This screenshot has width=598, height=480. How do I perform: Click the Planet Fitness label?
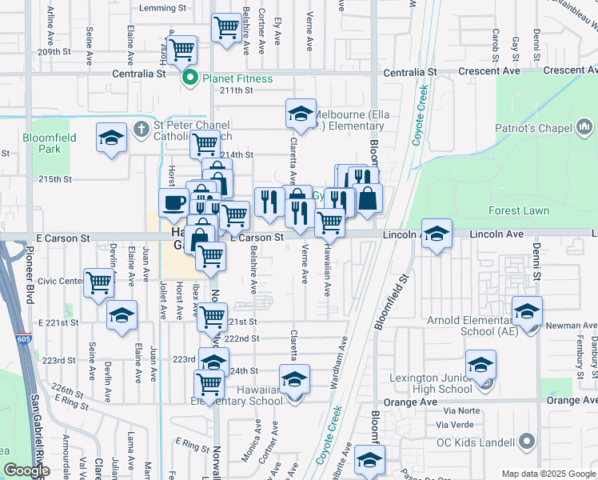click(237, 78)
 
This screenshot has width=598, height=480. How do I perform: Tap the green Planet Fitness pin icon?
click(191, 78)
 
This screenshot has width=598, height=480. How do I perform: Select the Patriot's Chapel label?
click(533, 128)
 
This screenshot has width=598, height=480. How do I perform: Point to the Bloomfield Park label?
click(50, 143)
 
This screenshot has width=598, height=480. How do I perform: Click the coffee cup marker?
click(173, 202)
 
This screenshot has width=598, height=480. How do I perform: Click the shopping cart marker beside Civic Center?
click(98, 282)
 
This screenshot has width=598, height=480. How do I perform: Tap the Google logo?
click(26, 471)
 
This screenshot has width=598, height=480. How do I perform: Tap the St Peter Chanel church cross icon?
click(141, 126)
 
